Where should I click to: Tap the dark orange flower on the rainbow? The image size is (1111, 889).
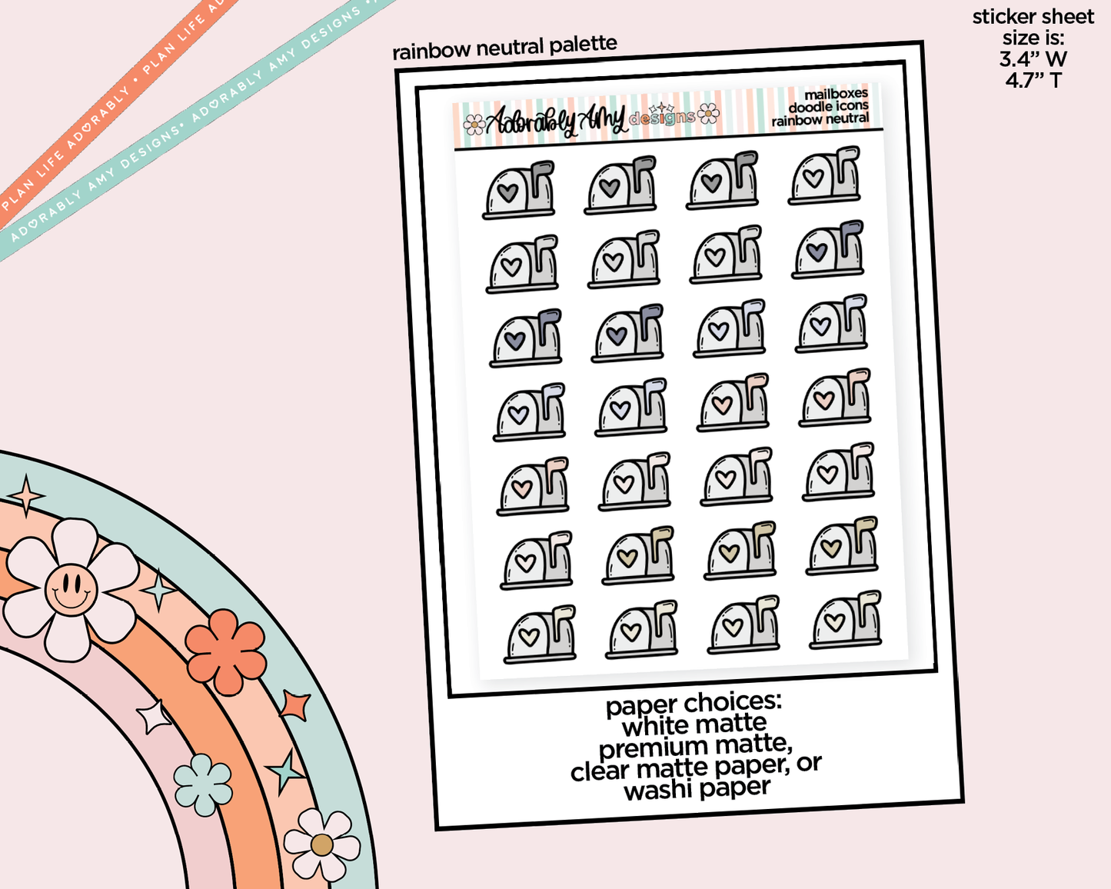(226, 651)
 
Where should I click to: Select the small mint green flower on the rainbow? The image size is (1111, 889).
(203, 784)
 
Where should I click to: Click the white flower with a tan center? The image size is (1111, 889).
(321, 844)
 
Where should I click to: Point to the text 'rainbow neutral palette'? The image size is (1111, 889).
(504, 48)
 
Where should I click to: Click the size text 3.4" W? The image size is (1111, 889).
(1033, 58)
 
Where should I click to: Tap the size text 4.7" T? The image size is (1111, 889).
(1033, 79)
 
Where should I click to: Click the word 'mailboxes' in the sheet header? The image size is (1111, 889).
(836, 94)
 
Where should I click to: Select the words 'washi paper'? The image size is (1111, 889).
(697, 789)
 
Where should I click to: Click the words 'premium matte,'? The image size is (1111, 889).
(695, 746)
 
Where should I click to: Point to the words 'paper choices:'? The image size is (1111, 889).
(694, 703)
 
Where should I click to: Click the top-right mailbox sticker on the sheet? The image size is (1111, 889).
(824, 177)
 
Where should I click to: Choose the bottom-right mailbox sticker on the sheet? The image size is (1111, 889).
(845, 620)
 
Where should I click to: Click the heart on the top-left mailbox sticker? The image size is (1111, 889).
(507, 191)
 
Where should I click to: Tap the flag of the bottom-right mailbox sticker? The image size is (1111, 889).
(868, 600)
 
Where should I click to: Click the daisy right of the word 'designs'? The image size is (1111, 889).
(709, 115)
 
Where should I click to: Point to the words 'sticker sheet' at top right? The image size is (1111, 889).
(1033, 17)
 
